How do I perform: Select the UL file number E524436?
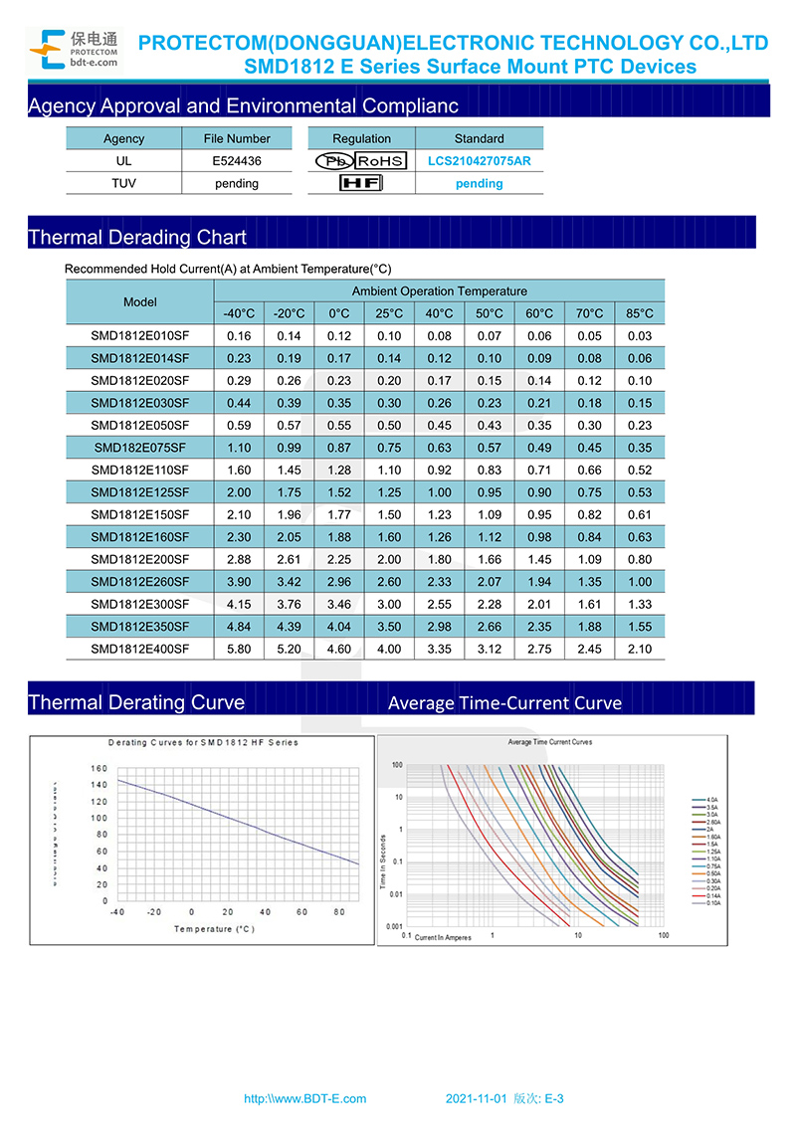237,160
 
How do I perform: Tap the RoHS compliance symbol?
380,161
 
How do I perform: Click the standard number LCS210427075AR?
479,160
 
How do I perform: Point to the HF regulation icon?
360,183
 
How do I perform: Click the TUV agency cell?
123,183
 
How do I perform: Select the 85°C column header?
640,313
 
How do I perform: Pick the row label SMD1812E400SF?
139,649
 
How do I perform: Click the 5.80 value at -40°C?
239,649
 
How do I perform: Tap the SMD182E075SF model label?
139,448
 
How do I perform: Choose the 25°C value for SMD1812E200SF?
389,559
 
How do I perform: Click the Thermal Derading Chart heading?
137,237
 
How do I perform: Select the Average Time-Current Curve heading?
504,702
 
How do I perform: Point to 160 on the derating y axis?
99,768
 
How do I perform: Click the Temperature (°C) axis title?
215,929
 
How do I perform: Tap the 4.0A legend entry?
711,800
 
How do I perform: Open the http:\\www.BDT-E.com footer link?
305,1099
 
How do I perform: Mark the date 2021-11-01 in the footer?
477,1099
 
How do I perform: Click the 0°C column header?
339,313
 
